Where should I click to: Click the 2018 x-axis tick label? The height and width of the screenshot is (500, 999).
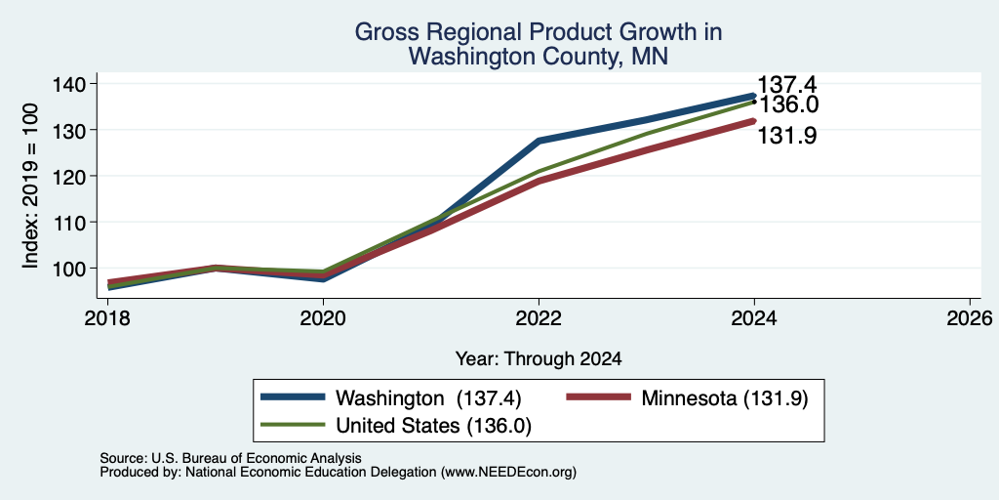tap(108, 317)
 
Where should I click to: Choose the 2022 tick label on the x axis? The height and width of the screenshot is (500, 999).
tap(539, 317)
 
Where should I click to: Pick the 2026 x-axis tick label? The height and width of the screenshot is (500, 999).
tap(970, 317)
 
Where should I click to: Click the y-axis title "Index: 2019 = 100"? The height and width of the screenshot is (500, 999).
tap(30, 186)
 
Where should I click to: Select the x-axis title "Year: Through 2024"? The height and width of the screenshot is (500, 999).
tap(539, 359)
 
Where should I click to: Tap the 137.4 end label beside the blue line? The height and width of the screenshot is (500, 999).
tap(787, 85)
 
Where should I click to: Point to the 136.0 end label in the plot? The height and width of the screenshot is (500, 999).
tap(787, 104)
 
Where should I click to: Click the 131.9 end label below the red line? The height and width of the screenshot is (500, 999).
tap(787, 135)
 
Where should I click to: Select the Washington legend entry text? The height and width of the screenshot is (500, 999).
tap(429, 398)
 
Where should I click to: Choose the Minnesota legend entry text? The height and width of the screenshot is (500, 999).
tap(725, 398)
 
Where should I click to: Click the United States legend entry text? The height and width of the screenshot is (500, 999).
tap(433, 426)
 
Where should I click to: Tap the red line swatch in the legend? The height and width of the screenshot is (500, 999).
tap(598, 397)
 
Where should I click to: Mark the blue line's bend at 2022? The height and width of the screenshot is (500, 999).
tap(539, 141)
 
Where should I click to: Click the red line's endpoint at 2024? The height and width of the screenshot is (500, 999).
tap(754, 120)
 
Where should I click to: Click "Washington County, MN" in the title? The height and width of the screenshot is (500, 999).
tap(539, 57)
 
